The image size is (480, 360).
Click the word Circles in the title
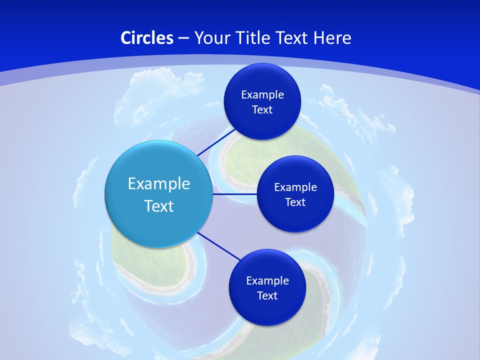coord(147,37)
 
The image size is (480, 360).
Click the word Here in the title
coord(332,37)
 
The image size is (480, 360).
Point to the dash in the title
coord(183,38)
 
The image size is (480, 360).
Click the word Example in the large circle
coord(159,183)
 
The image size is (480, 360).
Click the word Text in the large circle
coord(159,206)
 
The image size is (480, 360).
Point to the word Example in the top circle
coord(262,94)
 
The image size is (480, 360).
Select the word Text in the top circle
coord(262,109)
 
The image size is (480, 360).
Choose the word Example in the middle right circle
coord(295,187)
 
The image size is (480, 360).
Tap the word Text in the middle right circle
coord(295,202)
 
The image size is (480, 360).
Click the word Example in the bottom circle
coord(267,280)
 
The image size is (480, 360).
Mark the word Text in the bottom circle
coord(267,295)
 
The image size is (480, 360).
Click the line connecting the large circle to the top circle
coord(216,141)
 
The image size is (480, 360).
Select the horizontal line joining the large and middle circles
coord(234,194)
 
